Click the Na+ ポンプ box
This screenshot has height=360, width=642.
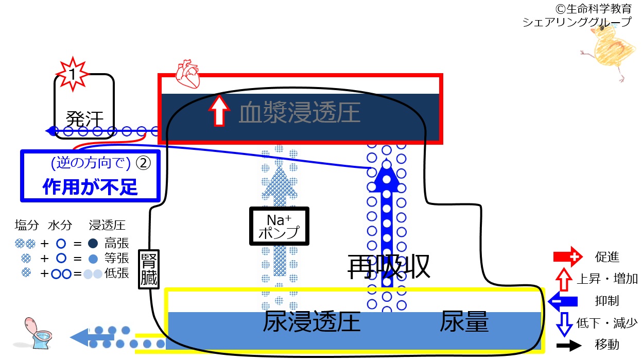coord(279,226)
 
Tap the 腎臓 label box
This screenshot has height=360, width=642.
coord(149,269)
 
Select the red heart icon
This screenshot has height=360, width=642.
coord(188,74)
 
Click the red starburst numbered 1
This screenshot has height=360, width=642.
coord(73,74)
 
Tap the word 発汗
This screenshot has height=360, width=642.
coord(84,119)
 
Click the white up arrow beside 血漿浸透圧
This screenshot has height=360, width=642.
coord(219,110)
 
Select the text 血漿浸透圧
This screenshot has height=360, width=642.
coord(300,112)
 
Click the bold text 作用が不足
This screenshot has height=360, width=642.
coord(90,187)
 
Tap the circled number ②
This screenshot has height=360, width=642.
coord(143,163)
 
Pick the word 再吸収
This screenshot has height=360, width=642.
coord(389,267)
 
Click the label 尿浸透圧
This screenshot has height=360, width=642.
coord(311,321)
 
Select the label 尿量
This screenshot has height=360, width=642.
coord(464,321)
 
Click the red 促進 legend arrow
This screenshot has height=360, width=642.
coord(568,256)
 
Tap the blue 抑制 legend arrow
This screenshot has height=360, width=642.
coord(563,301)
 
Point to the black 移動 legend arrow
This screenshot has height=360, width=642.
coord(569,345)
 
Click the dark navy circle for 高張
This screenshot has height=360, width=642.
coord(93,244)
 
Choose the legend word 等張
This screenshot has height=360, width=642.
coord(117,258)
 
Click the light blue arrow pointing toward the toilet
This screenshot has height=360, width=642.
coord(92,337)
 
